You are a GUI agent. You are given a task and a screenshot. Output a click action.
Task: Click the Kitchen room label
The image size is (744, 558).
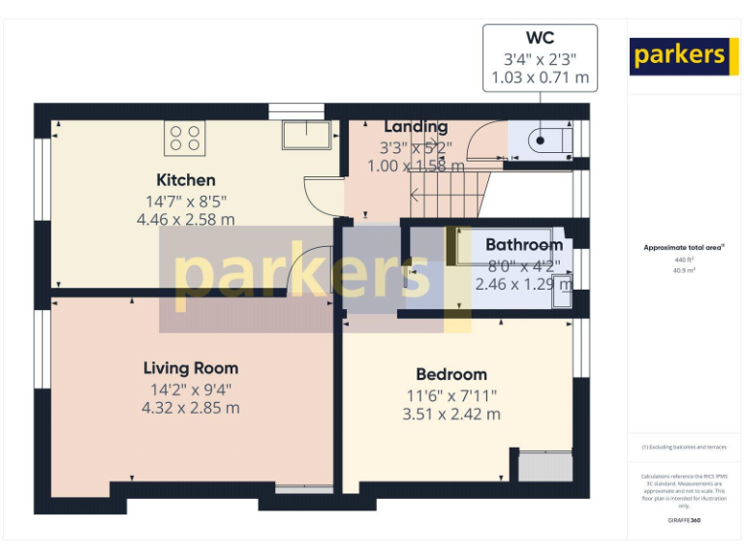[186, 180]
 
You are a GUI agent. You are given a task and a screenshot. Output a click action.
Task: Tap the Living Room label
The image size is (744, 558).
[191, 368]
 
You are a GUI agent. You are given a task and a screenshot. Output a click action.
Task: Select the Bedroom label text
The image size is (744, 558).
[451, 375]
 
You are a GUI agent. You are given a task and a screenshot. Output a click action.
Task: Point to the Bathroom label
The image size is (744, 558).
[524, 245]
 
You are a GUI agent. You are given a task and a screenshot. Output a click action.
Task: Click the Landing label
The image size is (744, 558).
[416, 127]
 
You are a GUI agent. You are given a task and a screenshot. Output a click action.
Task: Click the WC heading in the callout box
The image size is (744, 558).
[540, 38]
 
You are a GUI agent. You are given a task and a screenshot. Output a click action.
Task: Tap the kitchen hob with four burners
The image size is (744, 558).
[186, 138]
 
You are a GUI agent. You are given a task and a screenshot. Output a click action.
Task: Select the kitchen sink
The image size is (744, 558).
[306, 135]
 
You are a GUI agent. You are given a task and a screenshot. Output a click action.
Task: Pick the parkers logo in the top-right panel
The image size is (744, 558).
[678, 56]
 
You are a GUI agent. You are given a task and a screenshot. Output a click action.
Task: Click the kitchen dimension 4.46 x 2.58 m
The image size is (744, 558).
[186, 220]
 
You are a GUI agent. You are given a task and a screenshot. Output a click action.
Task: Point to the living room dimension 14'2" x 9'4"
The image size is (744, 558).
[191, 390]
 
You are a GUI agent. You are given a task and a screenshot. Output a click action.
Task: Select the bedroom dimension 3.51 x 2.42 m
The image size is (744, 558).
[451, 415]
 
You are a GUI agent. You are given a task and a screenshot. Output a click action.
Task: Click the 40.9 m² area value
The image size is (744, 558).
[684, 271]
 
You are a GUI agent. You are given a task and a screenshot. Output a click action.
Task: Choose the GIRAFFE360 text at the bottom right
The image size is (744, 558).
[684, 521]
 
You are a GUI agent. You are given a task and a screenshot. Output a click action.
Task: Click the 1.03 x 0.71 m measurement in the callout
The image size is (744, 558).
[540, 77]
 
